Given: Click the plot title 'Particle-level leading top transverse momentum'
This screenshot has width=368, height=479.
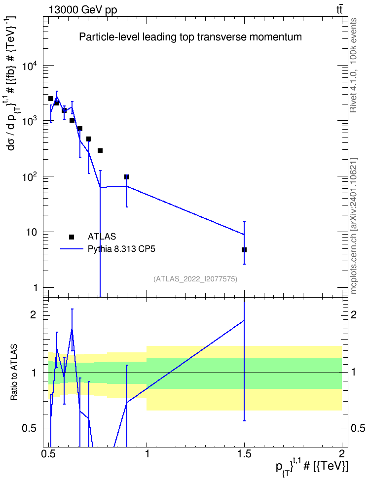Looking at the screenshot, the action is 190,37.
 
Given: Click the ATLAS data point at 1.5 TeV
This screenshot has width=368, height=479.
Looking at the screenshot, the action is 244,250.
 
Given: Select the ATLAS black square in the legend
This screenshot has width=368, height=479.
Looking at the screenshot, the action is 72,237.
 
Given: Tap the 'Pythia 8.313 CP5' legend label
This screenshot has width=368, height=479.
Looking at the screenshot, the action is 121,249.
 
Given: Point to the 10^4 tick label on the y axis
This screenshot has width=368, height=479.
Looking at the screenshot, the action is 29,65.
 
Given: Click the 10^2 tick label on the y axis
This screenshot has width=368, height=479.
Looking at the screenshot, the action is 29,176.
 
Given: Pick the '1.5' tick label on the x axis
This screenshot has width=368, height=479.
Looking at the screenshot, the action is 244,453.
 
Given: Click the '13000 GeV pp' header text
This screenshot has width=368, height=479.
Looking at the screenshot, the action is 82,10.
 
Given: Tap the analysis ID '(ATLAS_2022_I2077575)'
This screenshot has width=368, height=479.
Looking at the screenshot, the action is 195,279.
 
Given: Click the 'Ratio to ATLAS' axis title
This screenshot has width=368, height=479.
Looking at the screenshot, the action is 13,373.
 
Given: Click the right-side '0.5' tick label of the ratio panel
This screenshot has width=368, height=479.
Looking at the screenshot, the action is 358,428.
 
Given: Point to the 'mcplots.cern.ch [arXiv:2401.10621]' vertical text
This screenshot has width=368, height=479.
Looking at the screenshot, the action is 354,226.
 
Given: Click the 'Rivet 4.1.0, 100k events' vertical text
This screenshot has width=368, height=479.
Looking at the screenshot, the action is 353,65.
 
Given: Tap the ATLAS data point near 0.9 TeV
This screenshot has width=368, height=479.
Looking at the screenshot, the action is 127,177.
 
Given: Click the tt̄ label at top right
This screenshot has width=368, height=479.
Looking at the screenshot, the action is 339,10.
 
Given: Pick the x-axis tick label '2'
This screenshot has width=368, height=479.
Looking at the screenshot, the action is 342,453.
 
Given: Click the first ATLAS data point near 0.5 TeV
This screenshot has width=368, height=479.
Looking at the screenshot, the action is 51,99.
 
